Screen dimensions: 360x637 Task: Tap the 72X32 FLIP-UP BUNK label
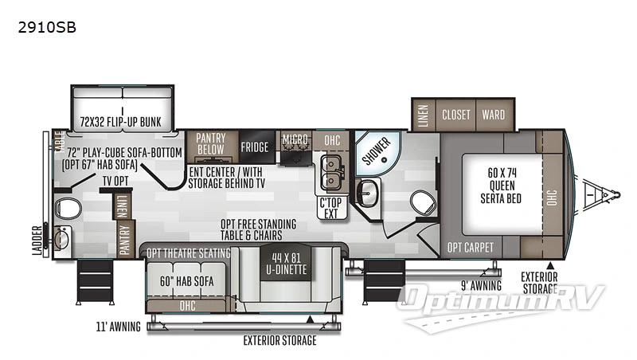120,122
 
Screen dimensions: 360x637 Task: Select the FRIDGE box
255,147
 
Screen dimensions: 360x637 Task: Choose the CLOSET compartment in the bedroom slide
456,115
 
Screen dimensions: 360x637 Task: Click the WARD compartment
493,115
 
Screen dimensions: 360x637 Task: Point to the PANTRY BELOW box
211,143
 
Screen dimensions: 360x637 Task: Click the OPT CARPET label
471,247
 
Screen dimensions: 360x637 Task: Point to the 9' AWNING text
482,285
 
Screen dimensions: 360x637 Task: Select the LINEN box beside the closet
423,115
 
